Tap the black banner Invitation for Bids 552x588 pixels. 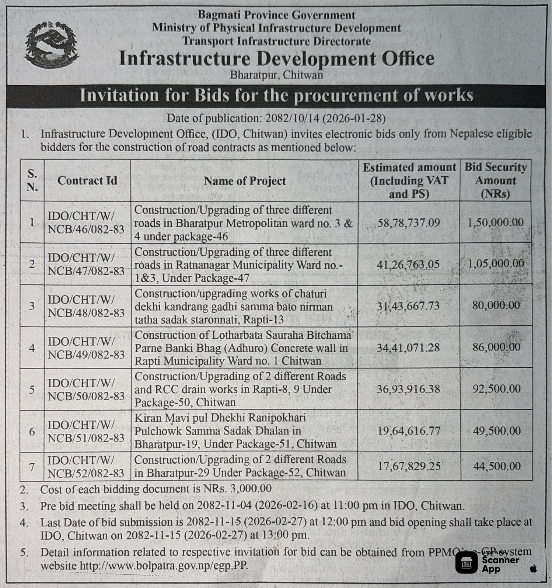pyautogui.click(x=276, y=96)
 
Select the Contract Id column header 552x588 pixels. pyautogui.click(x=87, y=181)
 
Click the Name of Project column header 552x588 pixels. pyautogui.click(x=245, y=181)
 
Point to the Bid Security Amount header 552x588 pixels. pyautogui.click(x=496, y=180)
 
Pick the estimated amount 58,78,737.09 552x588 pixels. pyautogui.click(x=409, y=223)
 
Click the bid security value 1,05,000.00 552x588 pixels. pyautogui.click(x=496, y=264)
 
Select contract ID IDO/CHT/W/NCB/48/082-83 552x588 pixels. pyautogui.click(x=86, y=306)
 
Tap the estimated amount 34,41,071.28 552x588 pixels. pyautogui.click(x=408, y=347)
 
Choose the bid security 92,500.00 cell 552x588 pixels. pyautogui.click(x=496, y=389)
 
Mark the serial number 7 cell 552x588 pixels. pyautogui.click(x=32, y=467)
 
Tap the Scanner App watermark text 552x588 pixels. pyautogui.click(x=500, y=564)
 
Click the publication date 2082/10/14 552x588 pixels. pyautogui.click(x=292, y=118)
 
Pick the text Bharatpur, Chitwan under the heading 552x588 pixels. pyautogui.click(x=276, y=75)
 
